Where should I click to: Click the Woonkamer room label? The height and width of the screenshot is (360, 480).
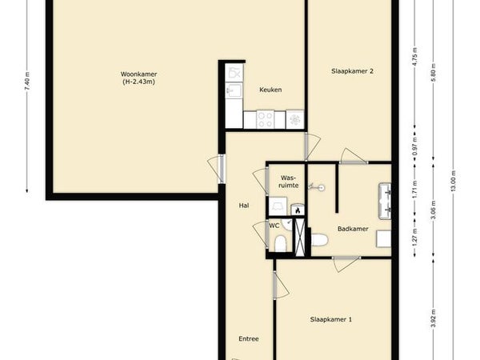point(138,74)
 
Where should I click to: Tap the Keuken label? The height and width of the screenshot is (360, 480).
point(270,90)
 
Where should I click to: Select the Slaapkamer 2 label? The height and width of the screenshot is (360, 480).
point(352,71)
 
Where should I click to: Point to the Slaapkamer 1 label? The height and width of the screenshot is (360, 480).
point(331,319)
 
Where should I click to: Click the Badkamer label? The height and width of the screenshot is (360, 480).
point(353,229)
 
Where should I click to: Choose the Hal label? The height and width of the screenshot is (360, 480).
point(244,206)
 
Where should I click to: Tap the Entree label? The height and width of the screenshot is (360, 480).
point(249,339)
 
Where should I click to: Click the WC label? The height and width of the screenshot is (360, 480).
point(274,226)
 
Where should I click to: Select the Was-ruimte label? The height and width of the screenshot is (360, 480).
point(290,182)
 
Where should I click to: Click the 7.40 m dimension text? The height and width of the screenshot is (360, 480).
point(27,81)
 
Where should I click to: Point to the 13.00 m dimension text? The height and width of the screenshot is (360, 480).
point(454,181)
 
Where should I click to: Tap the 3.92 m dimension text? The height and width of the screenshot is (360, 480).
point(434,318)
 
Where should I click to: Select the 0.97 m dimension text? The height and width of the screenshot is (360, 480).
point(414,146)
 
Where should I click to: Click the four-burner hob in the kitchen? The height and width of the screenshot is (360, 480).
point(265,119)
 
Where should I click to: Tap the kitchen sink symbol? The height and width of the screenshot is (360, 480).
point(234,90)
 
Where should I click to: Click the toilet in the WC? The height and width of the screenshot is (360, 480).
point(280,244)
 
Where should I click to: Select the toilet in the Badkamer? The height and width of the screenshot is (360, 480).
point(319,240)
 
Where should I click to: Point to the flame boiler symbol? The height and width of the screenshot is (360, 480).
point(298,210)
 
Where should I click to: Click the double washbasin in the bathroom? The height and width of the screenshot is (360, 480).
point(385,201)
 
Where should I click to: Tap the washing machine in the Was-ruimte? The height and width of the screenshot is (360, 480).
point(278,206)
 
